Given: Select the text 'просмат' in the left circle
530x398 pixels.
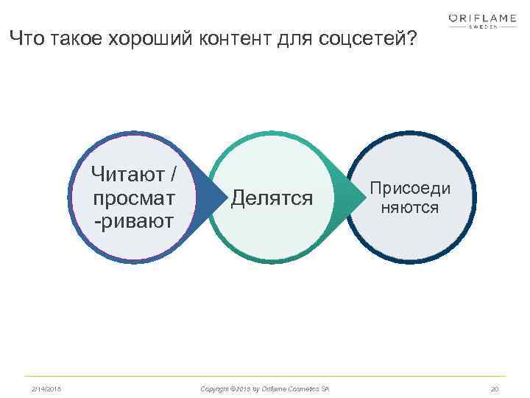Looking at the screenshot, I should click(x=134, y=199).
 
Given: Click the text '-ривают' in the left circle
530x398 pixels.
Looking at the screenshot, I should click(x=134, y=220).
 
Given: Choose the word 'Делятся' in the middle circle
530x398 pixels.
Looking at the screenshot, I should click(x=272, y=198).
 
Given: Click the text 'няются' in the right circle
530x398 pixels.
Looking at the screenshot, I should click(x=410, y=209).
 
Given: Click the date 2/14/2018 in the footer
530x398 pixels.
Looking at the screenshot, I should click(x=46, y=388).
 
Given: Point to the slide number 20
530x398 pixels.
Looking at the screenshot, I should click(x=494, y=388).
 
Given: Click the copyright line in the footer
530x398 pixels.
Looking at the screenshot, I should click(x=265, y=388).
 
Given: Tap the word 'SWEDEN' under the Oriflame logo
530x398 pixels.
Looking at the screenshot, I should click(x=483, y=27).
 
